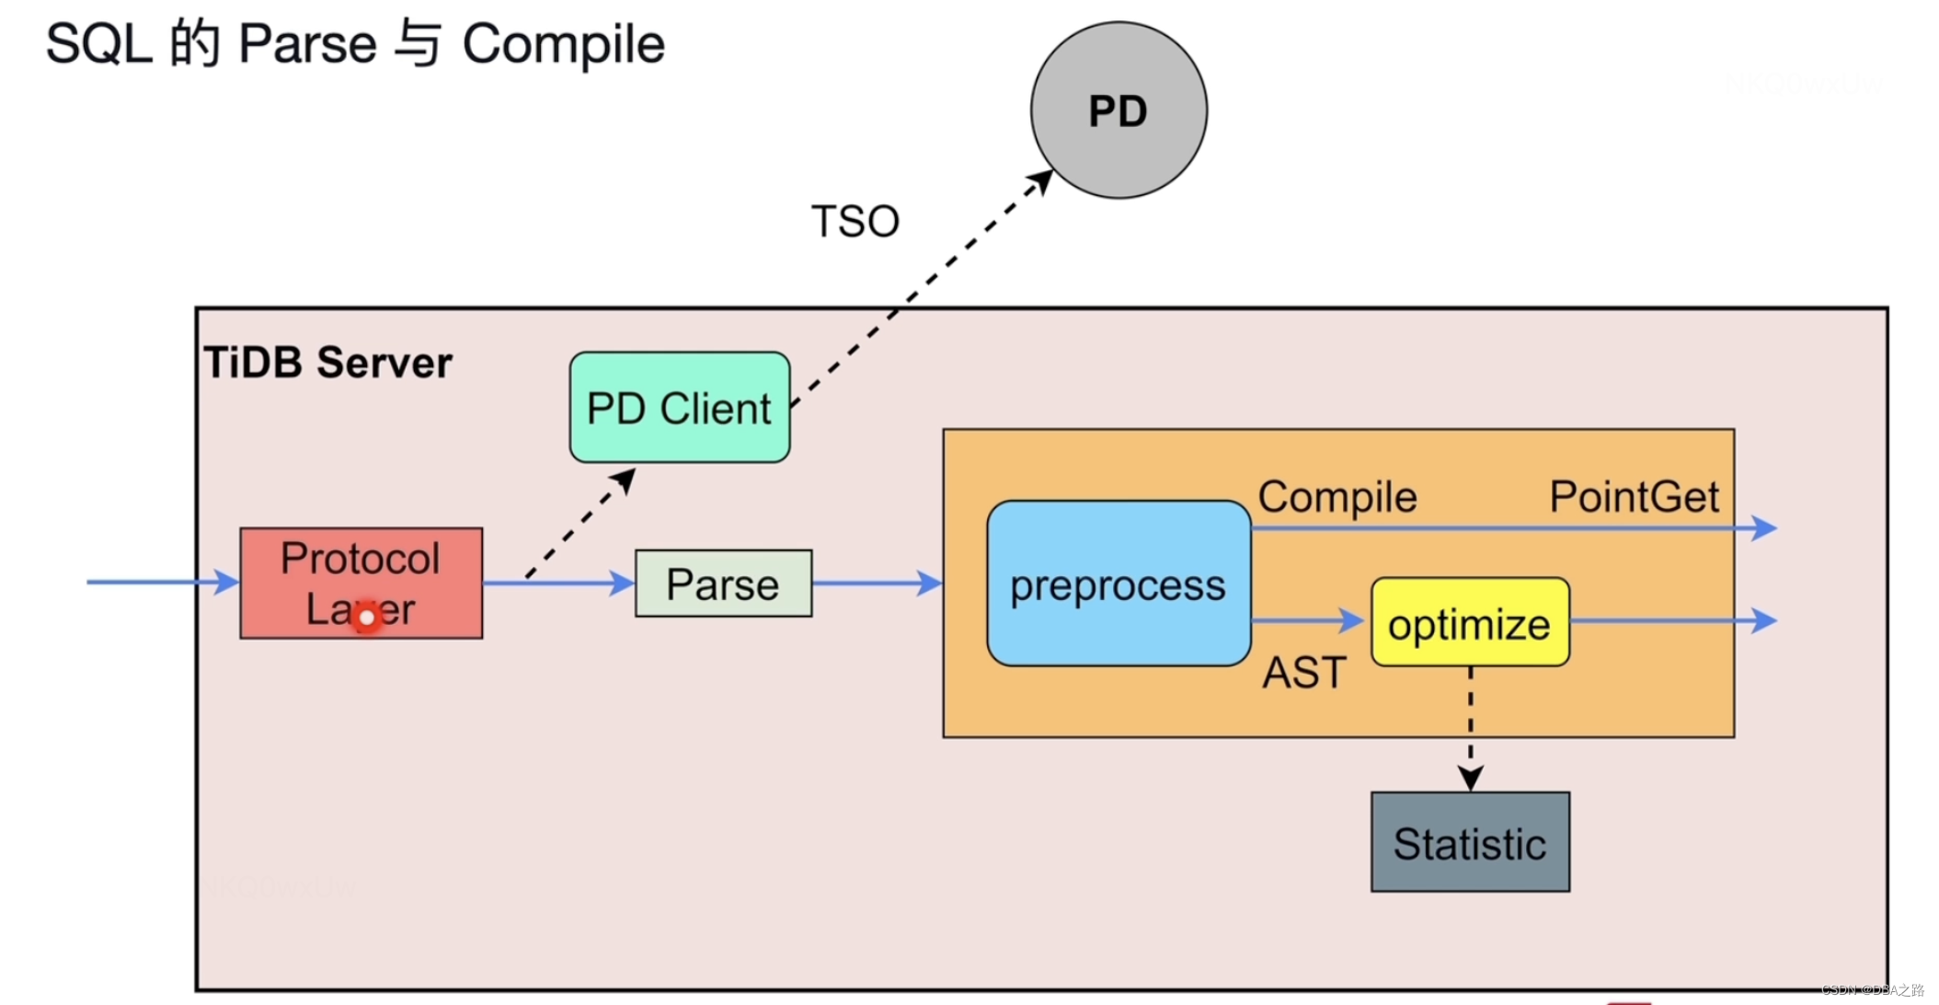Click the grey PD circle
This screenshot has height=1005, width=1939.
pyautogui.click(x=1119, y=110)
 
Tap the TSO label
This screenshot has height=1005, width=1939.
pyautogui.click(x=855, y=222)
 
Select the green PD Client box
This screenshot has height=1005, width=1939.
pyautogui.click(x=679, y=408)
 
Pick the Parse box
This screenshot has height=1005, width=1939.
pyautogui.click(x=723, y=583)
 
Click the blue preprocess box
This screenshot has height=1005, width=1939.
pyautogui.click(x=1118, y=583)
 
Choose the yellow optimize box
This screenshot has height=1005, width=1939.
pyautogui.click(x=1469, y=623)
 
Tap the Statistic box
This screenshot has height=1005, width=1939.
pyautogui.click(x=1469, y=842)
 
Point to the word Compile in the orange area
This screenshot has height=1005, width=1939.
pyautogui.click(x=1337, y=497)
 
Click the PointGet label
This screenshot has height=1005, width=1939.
pyautogui.click(x=1634, y=497)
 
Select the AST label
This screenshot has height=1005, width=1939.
pyautogui.click(x=1304, y=673)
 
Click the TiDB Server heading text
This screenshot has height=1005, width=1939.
pyautogui.click(x=328, y=363)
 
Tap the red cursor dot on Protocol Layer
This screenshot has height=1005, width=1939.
pyautogui.click(x=366, y=618)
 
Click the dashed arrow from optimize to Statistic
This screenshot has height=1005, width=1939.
pyautogui.click(x=1470, y=727)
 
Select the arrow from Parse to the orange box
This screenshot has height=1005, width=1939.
pyautogui.click(x=877, y=583)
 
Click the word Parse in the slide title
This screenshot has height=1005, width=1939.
pyautogui.click(x=307, y=44)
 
